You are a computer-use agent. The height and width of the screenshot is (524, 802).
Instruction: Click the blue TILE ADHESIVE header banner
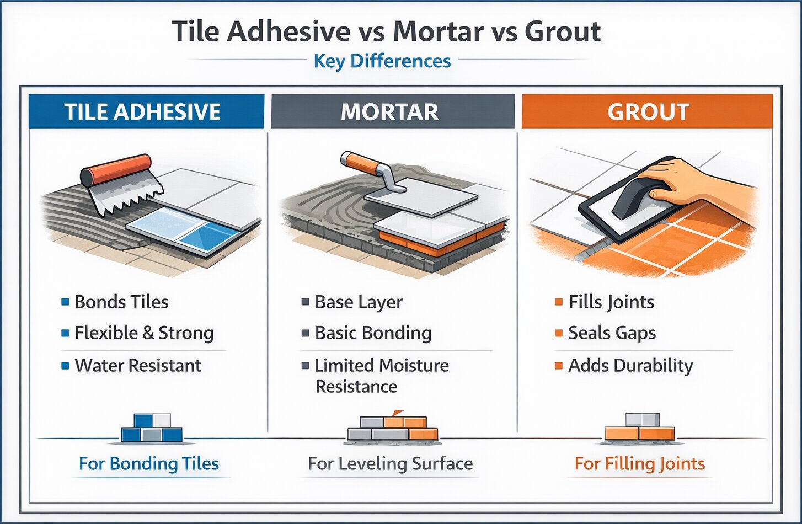point(146,111)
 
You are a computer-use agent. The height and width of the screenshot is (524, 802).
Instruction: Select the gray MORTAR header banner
point(392,111)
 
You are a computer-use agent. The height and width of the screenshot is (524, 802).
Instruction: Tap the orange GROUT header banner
point(647,111)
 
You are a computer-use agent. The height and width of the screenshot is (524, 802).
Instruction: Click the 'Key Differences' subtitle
point(382,61)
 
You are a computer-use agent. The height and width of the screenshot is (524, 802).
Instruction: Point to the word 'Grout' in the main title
point(562,31)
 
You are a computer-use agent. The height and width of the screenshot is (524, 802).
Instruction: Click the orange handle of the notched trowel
point(116,170)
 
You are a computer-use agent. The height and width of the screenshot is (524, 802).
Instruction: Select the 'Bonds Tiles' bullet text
point(121,302)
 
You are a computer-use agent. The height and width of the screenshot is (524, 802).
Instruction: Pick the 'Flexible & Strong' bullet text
point(143,333)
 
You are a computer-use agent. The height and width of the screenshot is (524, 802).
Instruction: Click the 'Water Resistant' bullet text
point(138,365)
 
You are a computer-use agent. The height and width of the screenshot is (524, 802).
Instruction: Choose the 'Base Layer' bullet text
point(359,302)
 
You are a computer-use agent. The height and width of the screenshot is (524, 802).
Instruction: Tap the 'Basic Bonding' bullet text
point(373,333)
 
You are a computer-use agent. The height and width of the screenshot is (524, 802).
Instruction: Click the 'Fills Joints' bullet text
point(611,302)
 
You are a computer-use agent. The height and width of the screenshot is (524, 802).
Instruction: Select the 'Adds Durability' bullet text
point(630,365)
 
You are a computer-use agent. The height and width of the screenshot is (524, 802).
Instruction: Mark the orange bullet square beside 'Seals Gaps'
point(559,333)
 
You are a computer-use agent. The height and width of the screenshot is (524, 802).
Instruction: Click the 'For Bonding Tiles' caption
point(149,463)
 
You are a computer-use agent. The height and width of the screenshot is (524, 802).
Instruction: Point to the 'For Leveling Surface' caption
point(390,463)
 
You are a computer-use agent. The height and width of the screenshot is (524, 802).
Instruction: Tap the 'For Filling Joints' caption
point(640,463)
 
